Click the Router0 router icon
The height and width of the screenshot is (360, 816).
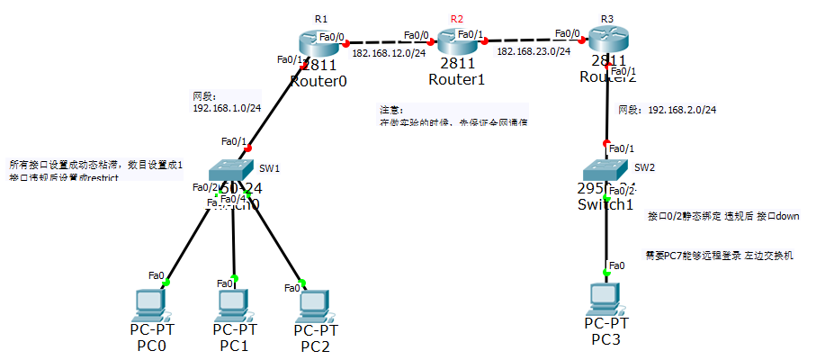click(318, 42)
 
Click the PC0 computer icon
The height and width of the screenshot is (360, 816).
click(149, 306)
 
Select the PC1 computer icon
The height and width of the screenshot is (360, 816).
click(234, 305)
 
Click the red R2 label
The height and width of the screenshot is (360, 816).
click(457, 19)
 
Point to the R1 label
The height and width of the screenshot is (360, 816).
click(321, 19)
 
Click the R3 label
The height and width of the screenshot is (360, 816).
click(607, 19)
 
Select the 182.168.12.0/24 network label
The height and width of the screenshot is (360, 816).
click(389, 53)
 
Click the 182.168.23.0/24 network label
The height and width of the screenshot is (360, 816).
click(534, 52)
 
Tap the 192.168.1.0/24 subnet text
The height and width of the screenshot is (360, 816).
click(227, 107)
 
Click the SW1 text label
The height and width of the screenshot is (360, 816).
click(270, 168)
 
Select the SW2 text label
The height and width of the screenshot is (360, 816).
click(644, 167)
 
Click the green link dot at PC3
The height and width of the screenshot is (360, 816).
click(606, 274)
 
